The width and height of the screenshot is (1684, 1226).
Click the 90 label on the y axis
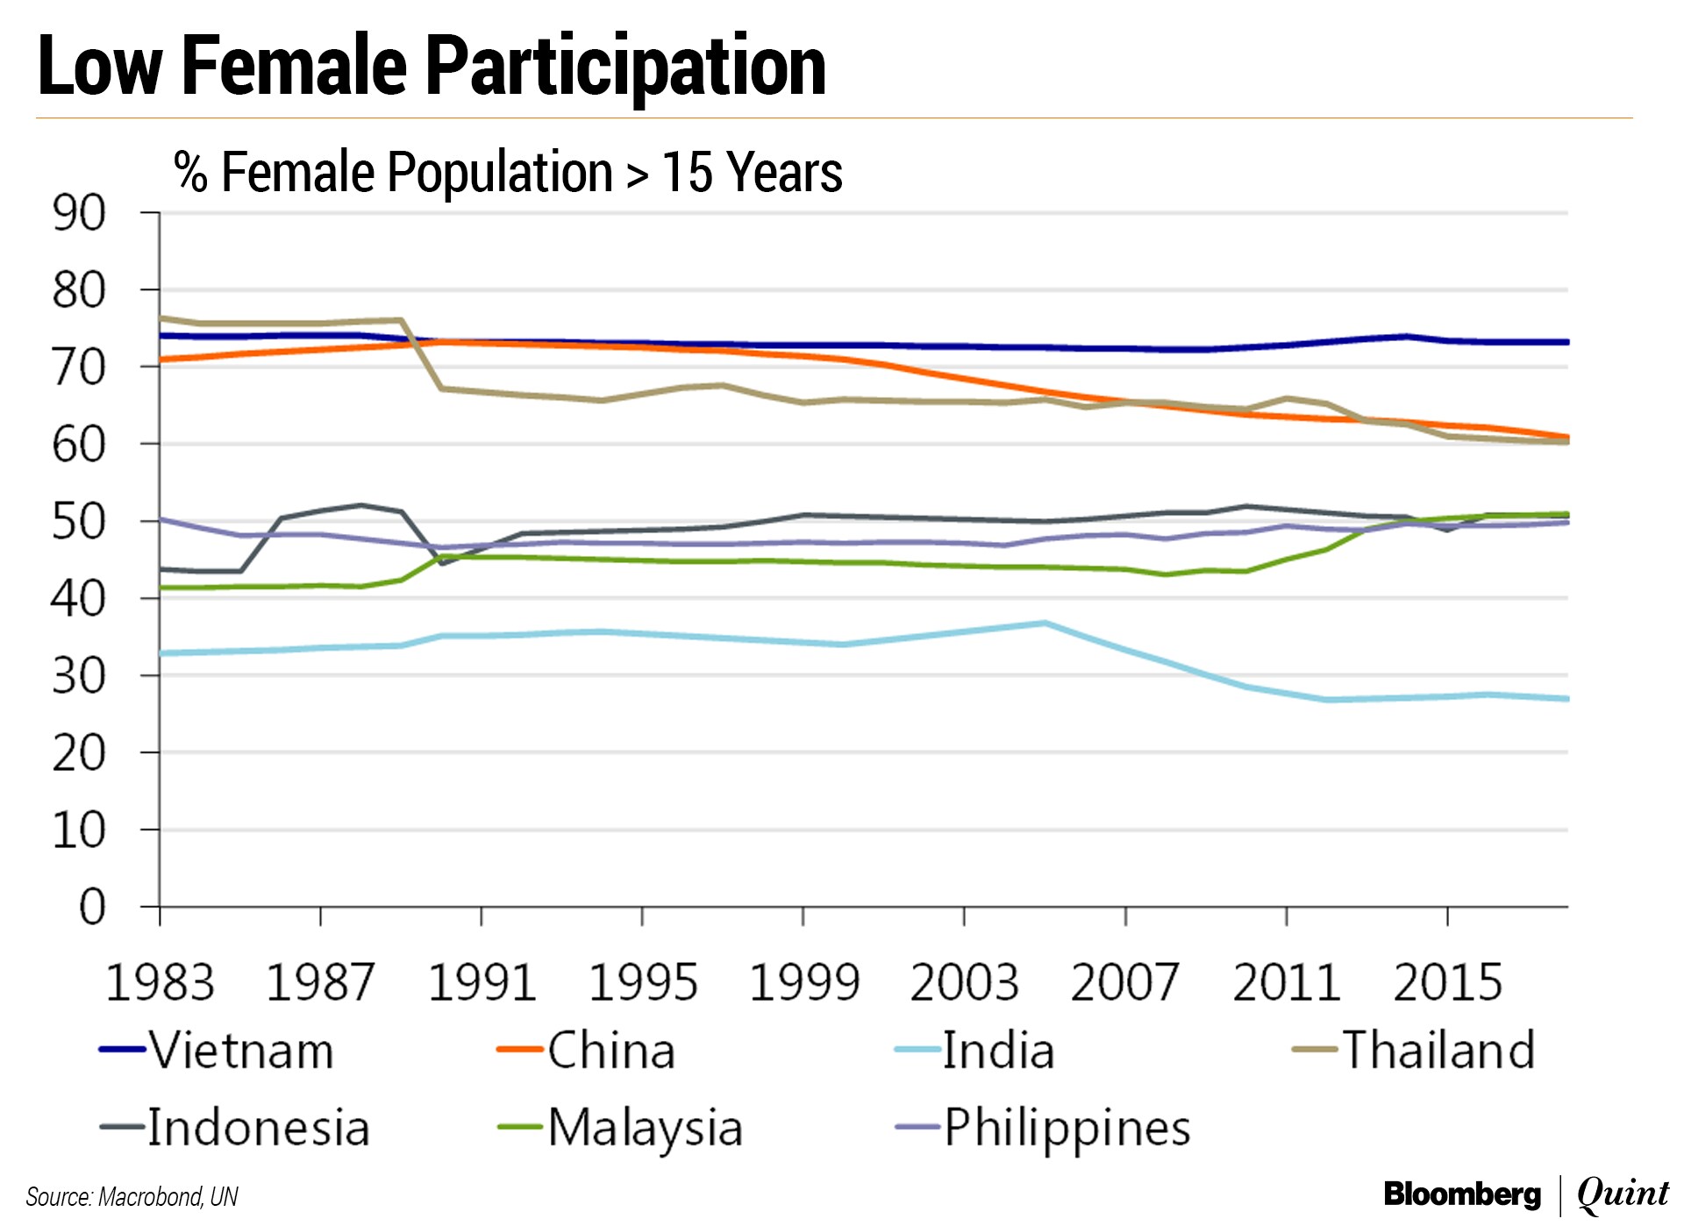point(79,213)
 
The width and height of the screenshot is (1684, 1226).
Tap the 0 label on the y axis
point(92,907)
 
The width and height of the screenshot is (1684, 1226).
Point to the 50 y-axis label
point(79,522)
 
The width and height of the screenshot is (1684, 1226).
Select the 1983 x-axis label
point(160,983)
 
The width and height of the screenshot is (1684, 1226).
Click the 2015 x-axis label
point(1448,983)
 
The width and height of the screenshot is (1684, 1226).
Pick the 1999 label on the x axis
point(803,983)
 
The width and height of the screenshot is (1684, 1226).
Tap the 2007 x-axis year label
point(1125,983)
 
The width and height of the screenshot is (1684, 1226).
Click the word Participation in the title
point(625,67)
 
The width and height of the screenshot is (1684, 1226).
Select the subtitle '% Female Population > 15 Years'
point(508,172)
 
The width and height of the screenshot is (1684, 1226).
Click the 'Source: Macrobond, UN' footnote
point(132,1197)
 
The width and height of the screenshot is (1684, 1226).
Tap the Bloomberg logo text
point(1462,1194)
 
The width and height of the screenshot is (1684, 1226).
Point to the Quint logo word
point(1623,1194)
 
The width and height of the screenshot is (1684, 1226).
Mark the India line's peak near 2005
point(1045,624)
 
